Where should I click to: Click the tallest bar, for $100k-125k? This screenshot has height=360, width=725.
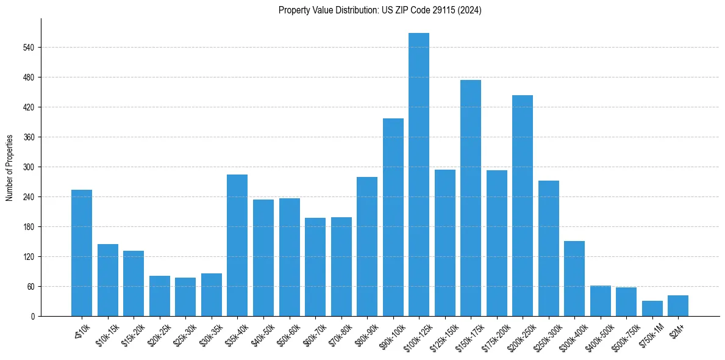pos(419,175)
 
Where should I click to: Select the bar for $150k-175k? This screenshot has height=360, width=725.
pos(471,198)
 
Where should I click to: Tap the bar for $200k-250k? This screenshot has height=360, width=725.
pos(523,206)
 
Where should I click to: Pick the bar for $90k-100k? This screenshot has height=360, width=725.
pos(393,217)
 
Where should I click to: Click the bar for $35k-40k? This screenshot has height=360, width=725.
pos(237,245)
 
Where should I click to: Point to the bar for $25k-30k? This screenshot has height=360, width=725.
pos(185,297)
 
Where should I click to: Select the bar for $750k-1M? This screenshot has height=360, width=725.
pos(652,309)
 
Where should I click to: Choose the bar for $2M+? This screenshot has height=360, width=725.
pos(678,306)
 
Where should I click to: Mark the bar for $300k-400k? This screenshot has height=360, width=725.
pos(574,279)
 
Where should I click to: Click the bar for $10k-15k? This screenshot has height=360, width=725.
pos(108,280)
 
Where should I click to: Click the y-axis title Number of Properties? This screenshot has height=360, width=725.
pos(10,167)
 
